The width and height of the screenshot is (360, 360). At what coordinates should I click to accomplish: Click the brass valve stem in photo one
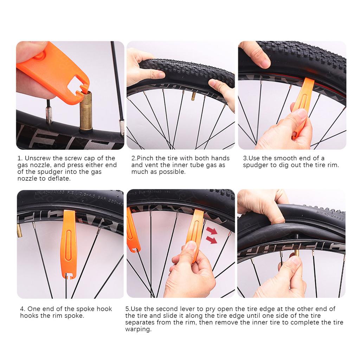click(x=85, y=112)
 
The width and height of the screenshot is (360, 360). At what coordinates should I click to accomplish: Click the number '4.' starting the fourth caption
click(x=22, y=309)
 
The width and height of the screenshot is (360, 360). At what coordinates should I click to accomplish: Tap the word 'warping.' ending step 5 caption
click(x=138, y=329)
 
